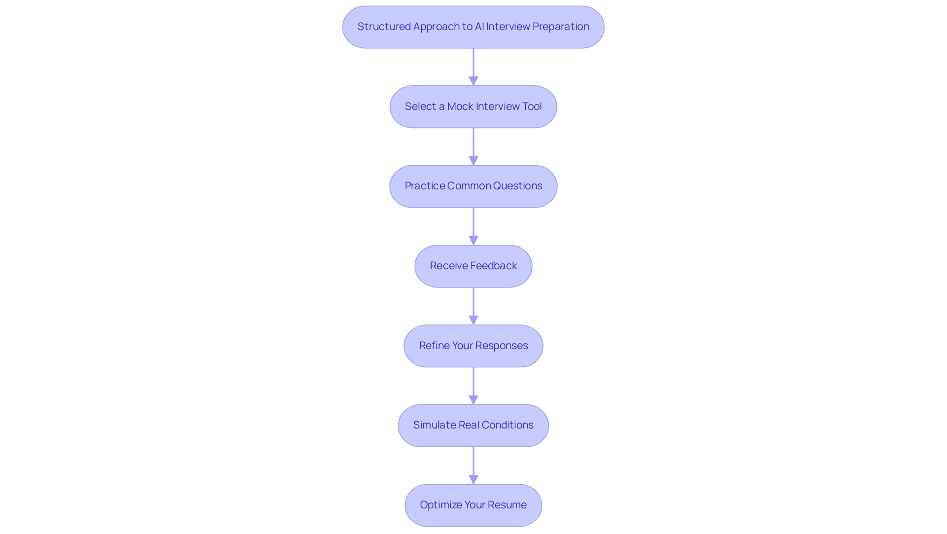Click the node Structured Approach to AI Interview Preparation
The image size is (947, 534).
(473, 27)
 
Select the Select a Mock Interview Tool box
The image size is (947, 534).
(473, 107)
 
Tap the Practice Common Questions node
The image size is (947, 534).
(473, 186)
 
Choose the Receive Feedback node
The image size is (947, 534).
(473, 266)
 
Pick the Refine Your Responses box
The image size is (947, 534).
(473, 346)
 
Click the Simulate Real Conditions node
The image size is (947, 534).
(473, 426)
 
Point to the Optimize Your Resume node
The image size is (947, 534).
(473, 505)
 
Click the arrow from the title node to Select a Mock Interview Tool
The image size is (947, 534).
(473, 67)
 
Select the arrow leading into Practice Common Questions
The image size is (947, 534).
(473, 146)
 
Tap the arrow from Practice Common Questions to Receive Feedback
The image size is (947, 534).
(473, 226)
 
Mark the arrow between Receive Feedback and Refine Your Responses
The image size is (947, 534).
(473, 306)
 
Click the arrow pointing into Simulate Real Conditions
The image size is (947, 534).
(473, 386)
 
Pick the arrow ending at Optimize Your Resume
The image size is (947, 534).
(473, 465)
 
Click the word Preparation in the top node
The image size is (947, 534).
(561, 27)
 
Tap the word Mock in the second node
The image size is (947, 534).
(460, 107)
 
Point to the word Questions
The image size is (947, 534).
(517, 186)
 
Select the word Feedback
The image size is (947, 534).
(493, 266)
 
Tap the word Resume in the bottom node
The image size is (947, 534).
(507, 505)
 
